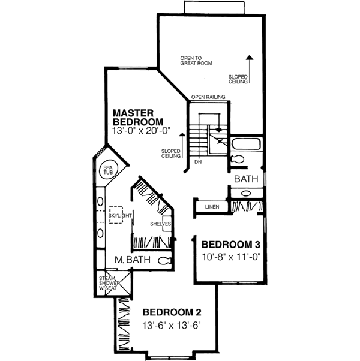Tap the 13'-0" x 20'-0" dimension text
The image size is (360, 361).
click(x=141, y=130)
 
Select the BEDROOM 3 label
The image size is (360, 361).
click(x=230, y=244)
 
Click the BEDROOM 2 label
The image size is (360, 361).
click(x=171, y=312)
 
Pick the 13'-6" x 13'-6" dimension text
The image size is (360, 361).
click(x=171, y=326)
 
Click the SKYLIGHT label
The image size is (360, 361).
click(x=119, y=213)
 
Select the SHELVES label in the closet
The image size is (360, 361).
click(x=161, y=224)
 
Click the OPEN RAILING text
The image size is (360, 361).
click(x=208, y=97)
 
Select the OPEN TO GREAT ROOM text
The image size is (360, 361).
click(x=196, y=60)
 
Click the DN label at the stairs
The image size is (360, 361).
click(x=197, y=161)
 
